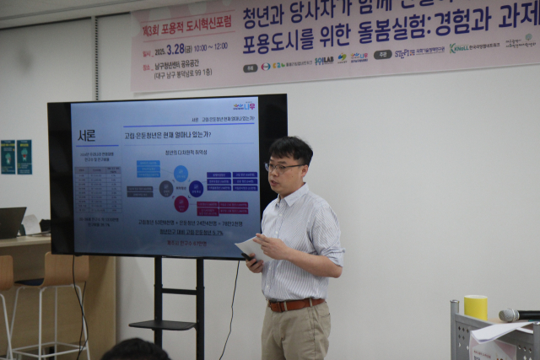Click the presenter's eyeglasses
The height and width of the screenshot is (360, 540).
[x=284, y=167]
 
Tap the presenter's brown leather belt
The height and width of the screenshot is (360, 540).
[x=294, y=304]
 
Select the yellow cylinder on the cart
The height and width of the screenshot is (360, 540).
[x=476, y=307]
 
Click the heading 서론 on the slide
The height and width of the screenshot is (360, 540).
[x=86, y=135]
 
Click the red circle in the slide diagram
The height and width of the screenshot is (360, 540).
[x=181, y=203]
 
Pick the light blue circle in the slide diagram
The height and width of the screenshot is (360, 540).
[x=181, y=174]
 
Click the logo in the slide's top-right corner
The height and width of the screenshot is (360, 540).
[x=245, y=106]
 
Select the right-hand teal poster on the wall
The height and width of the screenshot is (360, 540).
[x=24, y=157]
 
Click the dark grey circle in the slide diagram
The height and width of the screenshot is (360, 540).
[x=166, y=189]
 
